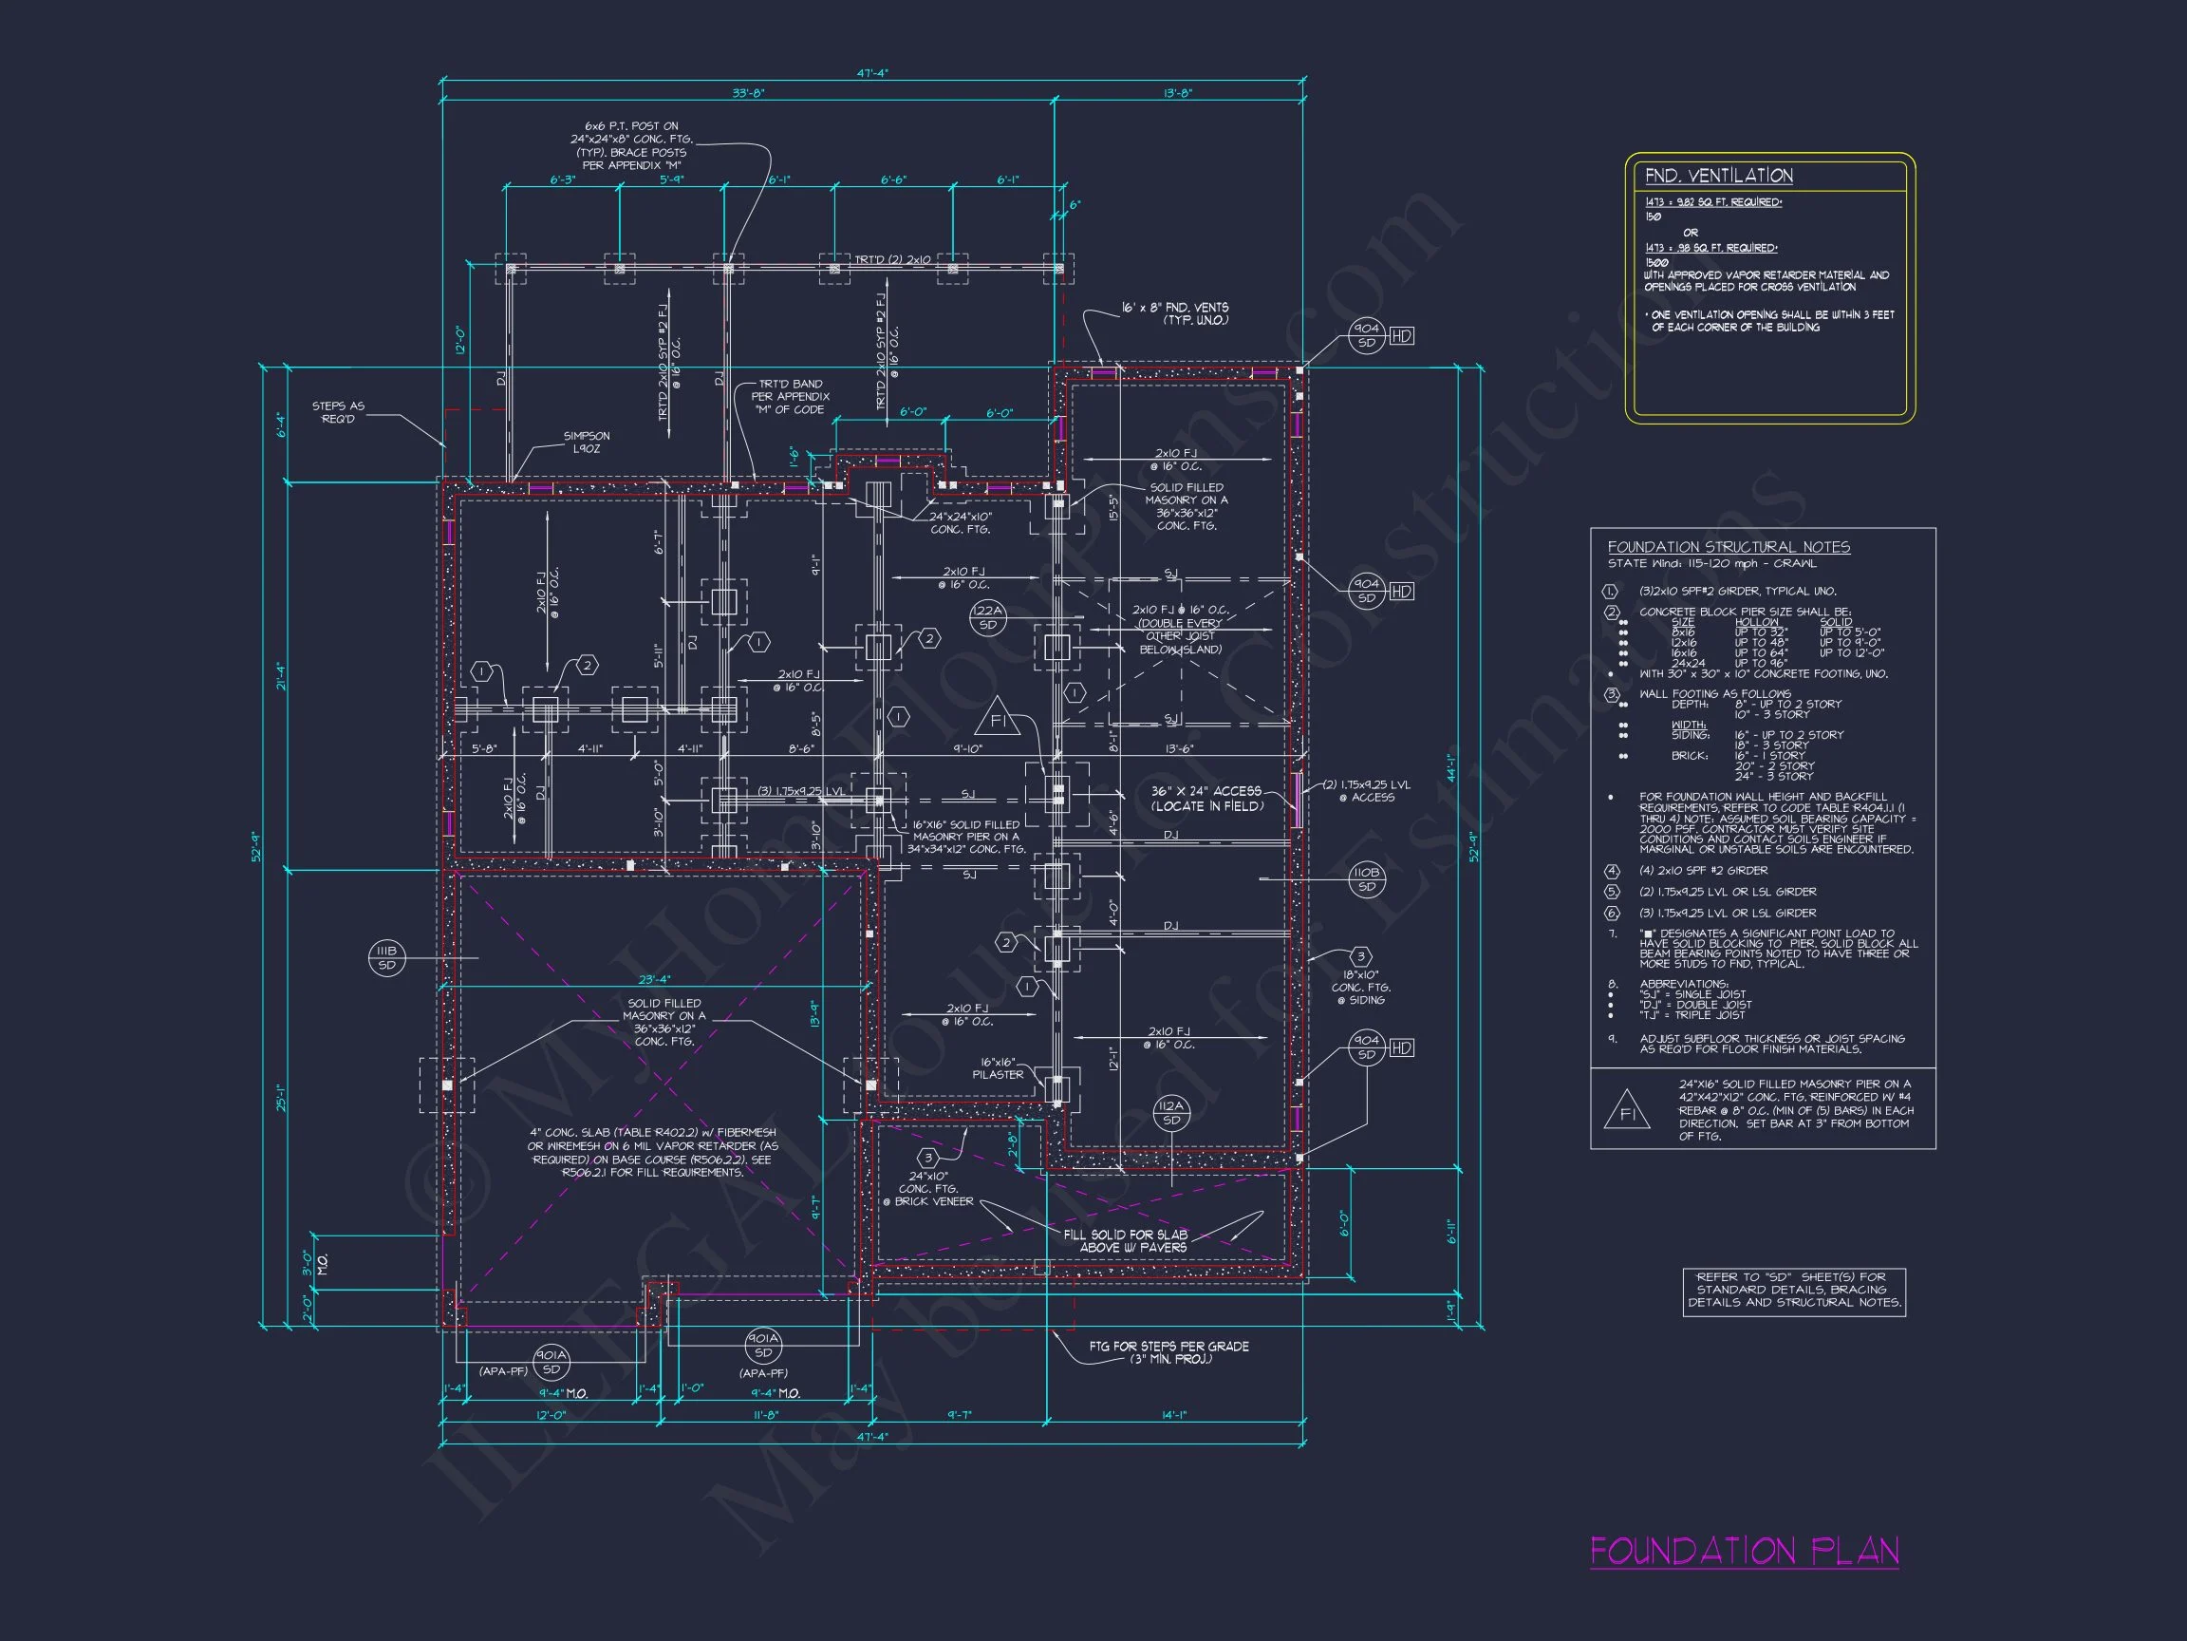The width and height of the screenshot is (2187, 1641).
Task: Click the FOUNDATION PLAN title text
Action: tap(1744, 1551)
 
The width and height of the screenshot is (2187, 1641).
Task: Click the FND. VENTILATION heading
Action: tap(1718, 176)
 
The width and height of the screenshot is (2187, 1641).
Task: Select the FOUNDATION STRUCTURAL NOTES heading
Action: tap(1729, 547)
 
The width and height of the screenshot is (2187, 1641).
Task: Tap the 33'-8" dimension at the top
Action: tap(747, 93)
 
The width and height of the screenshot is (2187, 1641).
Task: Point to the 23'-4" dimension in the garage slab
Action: tap(653, 980)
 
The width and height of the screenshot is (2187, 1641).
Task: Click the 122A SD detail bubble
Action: tap(987, 617)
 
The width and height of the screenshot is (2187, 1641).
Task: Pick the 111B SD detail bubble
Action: tap(386, 957)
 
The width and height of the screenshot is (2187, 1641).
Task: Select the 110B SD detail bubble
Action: tap(1366, 878)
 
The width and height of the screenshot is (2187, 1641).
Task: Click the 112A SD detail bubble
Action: tap(1170, 1113)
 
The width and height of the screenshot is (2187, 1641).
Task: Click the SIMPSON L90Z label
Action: tap(587, 443)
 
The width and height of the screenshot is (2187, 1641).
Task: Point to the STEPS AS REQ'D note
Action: tap(338, 411)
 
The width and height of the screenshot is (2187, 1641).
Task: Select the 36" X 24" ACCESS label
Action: tap(1206, 799)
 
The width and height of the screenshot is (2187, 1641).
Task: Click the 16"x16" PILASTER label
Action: tap(998, 1068)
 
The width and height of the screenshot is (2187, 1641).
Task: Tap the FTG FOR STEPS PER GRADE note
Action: tap(1168, 1352)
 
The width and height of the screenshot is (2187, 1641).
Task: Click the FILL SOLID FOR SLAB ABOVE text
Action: tap(1126, 1240)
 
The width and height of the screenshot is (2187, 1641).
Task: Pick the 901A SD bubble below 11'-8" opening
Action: tap(762, 1346)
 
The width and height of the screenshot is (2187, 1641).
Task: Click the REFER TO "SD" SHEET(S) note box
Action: tap(1793, 1290)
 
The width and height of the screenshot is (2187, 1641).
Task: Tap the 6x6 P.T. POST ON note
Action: tap(632, 145)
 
